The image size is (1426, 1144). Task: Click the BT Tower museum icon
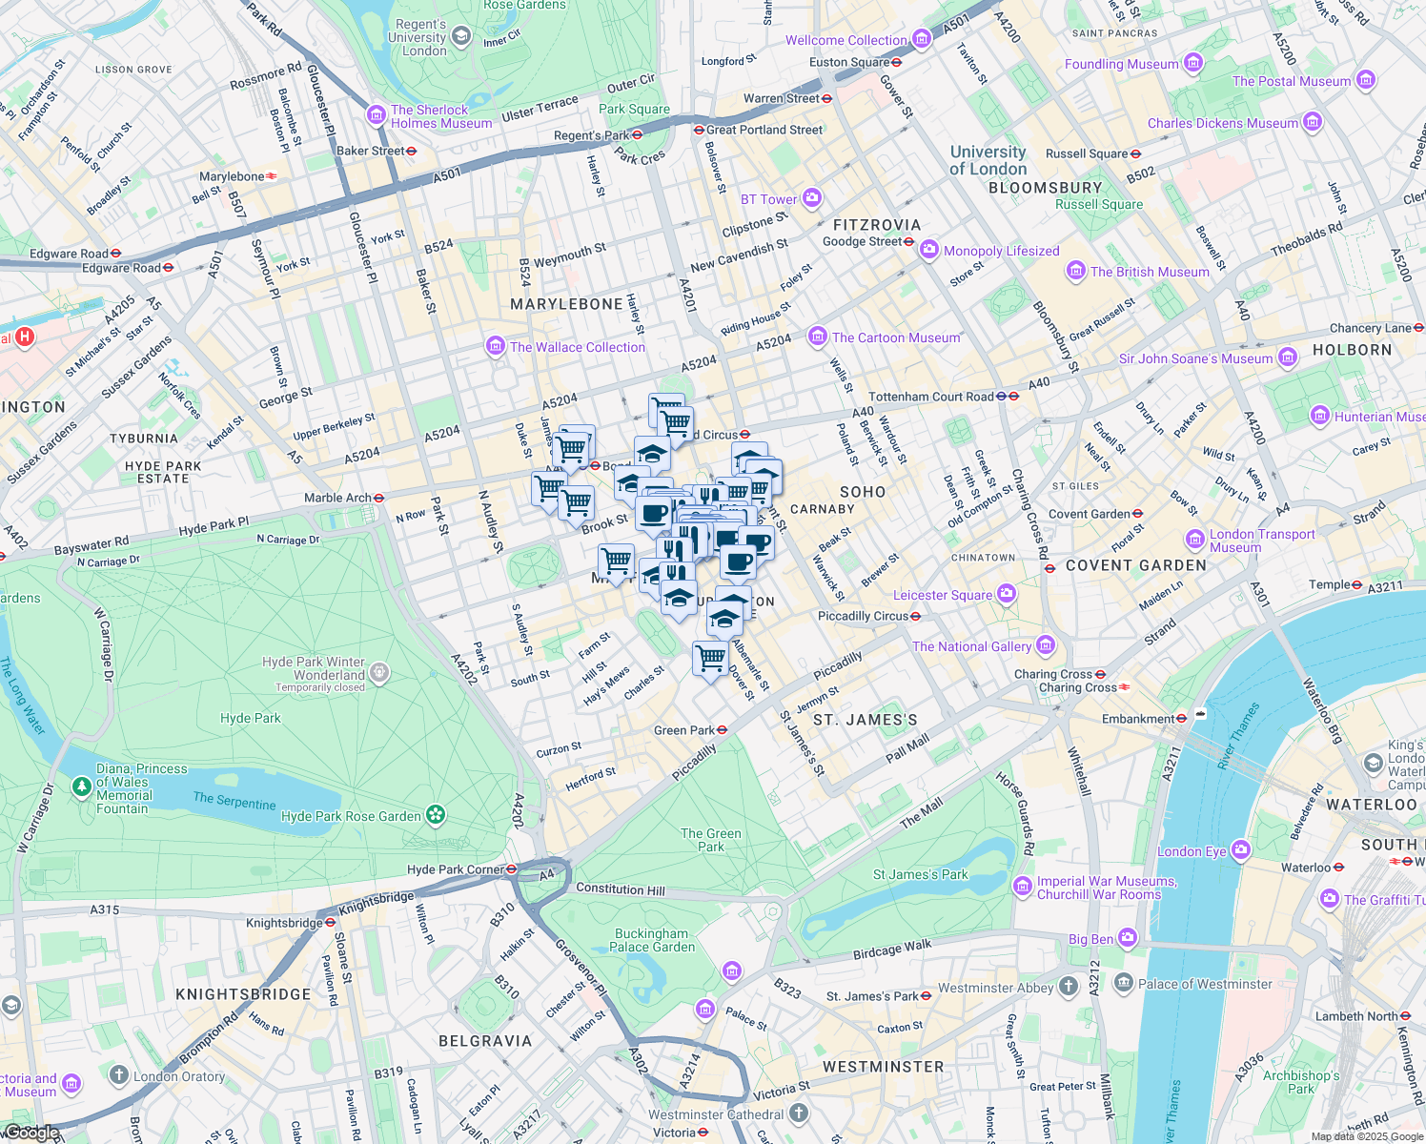(812, 198)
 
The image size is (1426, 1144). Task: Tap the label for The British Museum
(1149, 272)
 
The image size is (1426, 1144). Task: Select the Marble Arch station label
(337, 498)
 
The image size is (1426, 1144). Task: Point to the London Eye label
(1192, 851)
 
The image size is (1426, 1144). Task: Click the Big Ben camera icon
(1128, 939)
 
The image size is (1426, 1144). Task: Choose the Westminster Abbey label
(995, 988)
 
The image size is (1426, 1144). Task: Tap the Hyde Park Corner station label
(454, 869)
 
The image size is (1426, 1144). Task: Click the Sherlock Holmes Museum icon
(377, 116)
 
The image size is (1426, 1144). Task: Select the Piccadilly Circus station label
(863, 616)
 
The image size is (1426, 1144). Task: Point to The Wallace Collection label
(577, 347)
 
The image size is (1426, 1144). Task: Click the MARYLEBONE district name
(566, 304)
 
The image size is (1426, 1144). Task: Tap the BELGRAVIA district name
(485, 1041)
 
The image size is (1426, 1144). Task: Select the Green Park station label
(683, 730)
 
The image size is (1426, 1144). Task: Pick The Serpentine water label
(234, 800)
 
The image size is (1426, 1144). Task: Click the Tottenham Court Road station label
(930, 397)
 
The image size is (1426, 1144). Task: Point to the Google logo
(31, 1133)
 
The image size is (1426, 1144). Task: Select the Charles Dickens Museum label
(1222, 123)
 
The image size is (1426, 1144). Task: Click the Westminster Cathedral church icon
(799, 1113)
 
